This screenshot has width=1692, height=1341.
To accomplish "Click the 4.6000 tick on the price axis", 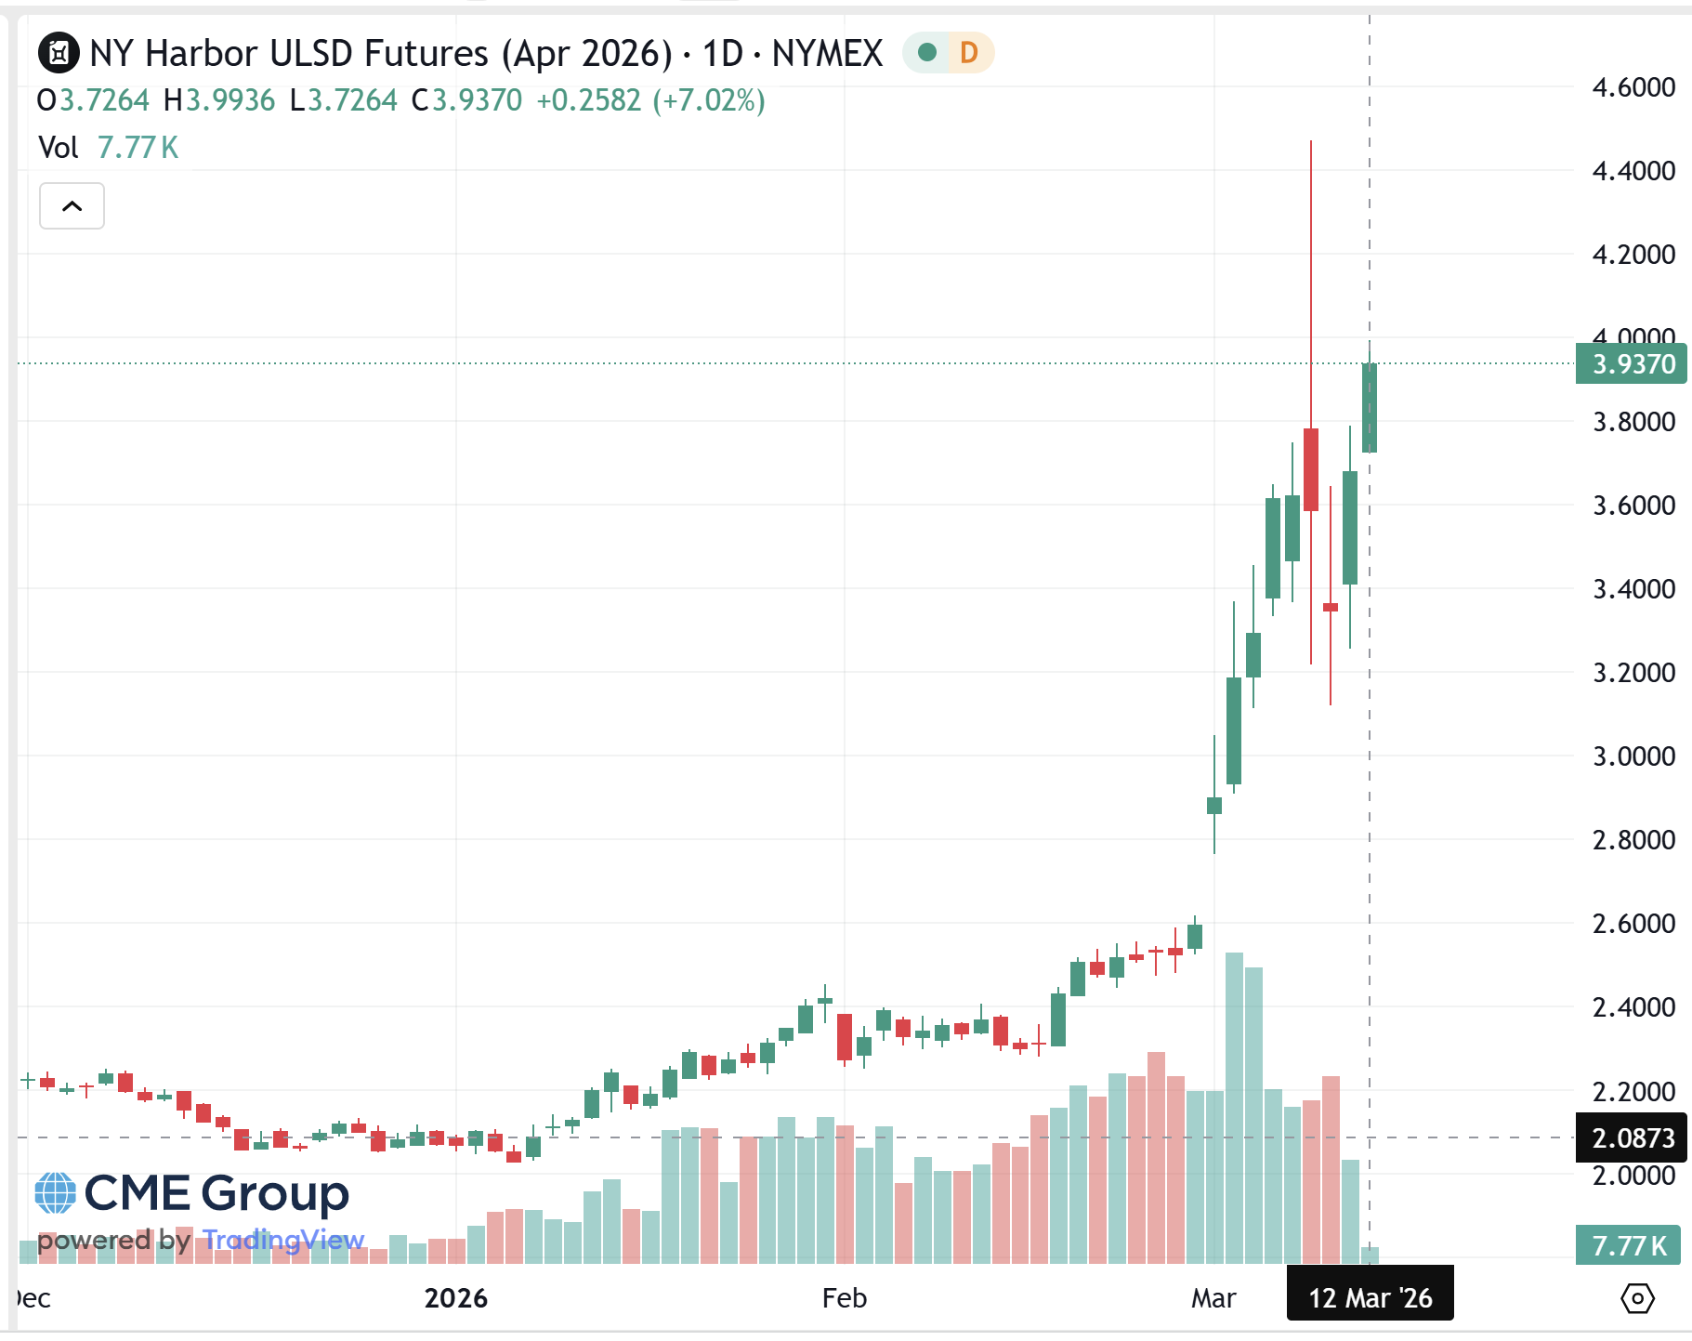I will tap(1633, 87).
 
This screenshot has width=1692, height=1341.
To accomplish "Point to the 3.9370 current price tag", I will tap(1632, 363).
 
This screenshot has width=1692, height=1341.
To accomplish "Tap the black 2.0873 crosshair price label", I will tap(1632, 1137).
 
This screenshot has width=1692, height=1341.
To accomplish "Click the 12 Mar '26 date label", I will tap(1370, 1297).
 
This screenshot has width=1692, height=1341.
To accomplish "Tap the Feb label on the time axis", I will tap(844, 1297).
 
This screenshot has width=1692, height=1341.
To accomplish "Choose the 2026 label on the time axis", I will tap(455, 1297).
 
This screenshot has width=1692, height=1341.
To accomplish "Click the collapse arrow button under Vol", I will tap(72, 205).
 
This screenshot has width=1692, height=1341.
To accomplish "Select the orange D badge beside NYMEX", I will tap(968, 53).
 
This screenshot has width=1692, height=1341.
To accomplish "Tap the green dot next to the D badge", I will tap(926, 53).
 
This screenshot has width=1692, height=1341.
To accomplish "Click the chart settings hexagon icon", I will tap(1636, 1298).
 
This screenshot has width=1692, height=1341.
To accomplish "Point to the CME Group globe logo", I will tap(55, 1193).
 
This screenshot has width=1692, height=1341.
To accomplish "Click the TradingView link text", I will tap(283, 1240).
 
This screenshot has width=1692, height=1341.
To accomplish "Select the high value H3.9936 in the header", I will tap(219, 100).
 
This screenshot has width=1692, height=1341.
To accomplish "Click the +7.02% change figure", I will tap(709, 100).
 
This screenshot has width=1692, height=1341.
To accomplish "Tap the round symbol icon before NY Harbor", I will tap(59, 53).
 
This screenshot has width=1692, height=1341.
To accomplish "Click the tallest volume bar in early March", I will tap(1234, 1106).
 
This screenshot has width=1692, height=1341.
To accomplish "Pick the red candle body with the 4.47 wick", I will tap(1311, 469).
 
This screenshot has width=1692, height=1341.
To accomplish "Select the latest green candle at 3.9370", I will tap(1369, 408).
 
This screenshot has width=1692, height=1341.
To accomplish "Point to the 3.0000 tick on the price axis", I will tap(1633, 756).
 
